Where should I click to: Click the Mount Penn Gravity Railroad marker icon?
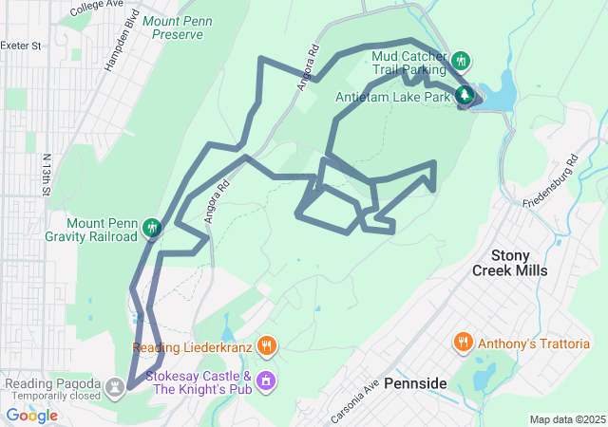coord(151,228)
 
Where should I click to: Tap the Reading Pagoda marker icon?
coord(116,386)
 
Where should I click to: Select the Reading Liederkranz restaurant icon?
coord(267,347)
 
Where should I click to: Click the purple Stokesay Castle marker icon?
coord(267,381)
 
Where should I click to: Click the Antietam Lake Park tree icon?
coord(465,96)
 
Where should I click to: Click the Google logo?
coord(31,416)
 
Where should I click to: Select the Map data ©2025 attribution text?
coord(567,419)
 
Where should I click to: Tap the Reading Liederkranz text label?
coord(192,347)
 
